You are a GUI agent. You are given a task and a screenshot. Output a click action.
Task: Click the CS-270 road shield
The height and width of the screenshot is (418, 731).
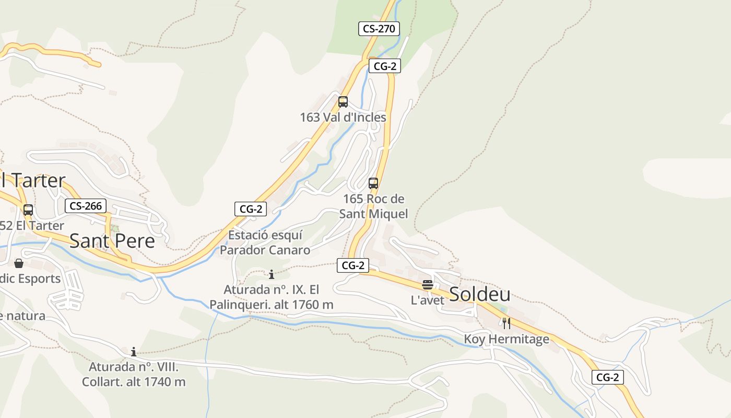tap(379, 29)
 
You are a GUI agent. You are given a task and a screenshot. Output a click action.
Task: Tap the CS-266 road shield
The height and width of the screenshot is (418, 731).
tap(86, 206)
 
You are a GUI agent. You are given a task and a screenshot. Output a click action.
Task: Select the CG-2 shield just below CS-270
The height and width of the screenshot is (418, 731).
tap(385, 66)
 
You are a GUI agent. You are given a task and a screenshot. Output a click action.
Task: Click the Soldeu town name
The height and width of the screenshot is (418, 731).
tap(479, 294)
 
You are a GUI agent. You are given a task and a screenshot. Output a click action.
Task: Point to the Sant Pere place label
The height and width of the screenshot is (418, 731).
tap(112, 241)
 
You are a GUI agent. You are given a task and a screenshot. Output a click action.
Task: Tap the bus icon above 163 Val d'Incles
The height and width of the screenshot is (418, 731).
tap(343, 102)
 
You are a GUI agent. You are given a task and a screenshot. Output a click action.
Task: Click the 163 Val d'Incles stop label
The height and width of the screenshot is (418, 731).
tap(343, 117)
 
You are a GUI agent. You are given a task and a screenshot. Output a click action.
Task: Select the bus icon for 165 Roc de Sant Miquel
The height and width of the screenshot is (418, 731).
tap(373, 183)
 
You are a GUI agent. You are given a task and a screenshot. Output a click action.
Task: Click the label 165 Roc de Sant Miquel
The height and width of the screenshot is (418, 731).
tap(373, 206)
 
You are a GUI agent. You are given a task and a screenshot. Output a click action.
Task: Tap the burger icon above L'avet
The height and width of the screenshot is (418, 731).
tap(428, 285)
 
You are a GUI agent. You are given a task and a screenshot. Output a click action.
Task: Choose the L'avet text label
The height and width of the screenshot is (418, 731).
tap(428, 300)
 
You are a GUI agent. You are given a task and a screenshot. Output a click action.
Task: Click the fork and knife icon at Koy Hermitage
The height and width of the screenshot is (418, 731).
tap(506, 323)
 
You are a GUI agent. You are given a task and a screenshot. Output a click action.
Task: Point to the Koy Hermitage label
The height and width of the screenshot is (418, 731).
tap(506, 339)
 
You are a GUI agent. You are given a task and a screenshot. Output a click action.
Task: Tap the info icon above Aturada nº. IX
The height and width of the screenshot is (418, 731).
tap(271, 274)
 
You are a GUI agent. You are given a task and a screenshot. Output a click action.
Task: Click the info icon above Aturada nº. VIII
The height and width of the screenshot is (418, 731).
tap(134, 352)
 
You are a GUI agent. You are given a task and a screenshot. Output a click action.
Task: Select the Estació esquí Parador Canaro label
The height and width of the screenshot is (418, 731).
tap(265, 242)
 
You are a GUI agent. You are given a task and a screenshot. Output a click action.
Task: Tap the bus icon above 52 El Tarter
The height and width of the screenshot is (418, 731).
tap(28, 210)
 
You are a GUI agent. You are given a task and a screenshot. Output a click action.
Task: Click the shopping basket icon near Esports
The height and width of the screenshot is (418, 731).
tap(19, 263)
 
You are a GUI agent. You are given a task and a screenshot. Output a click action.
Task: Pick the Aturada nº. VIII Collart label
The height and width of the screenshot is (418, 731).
tap(134, 375)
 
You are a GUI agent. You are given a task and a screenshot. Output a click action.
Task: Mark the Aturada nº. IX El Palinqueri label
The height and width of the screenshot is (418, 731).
tap(271, 297)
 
